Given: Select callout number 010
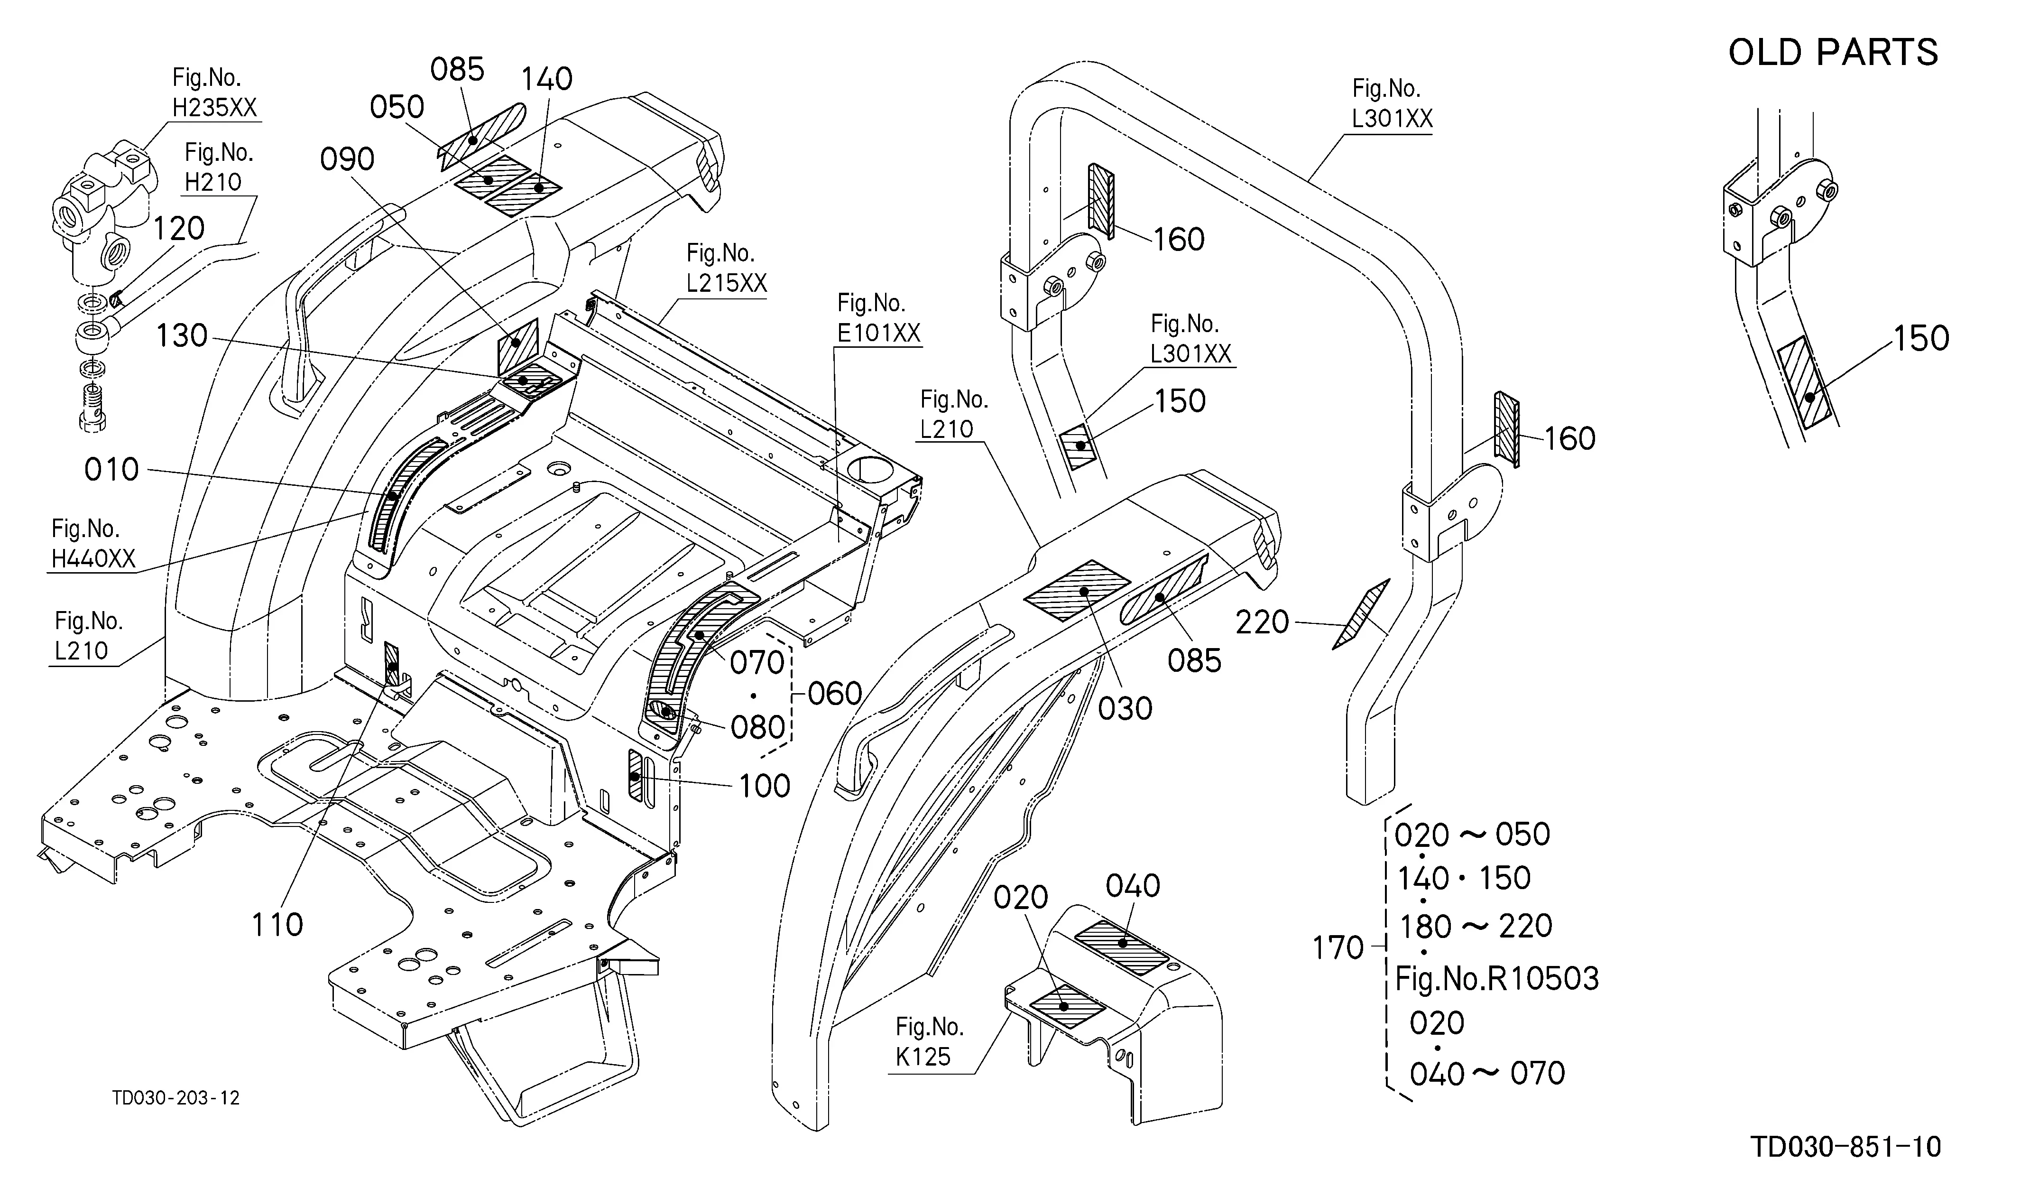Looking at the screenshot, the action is [x=111, y=469].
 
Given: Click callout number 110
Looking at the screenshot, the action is [x=277, y=924].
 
